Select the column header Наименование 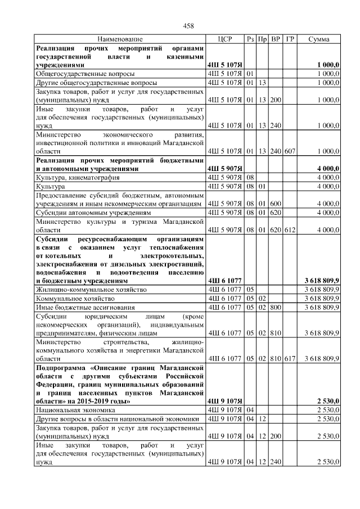click(120, 39)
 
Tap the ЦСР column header click(224, 39)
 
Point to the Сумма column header click(319, 39)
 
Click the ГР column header click(290, 39)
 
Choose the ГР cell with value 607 click(290, 151)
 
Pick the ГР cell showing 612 click(290, 229)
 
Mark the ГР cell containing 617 click(290, 358)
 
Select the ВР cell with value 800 click(276, 308)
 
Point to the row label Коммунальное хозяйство click(75, 298)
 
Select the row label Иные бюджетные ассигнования click(84, 308)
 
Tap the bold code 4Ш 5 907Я click(224, 168)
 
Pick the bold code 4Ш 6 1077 click(224, 280)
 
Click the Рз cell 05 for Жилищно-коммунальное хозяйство click(251, 289)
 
